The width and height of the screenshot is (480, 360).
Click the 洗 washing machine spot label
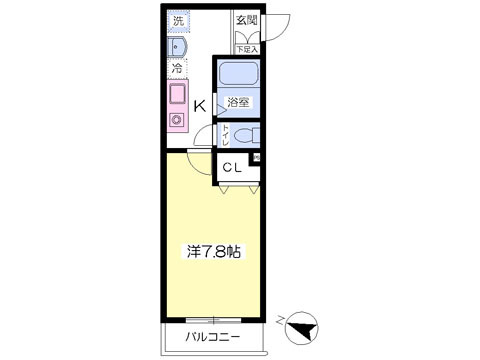177,20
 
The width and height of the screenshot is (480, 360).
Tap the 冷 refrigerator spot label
177,69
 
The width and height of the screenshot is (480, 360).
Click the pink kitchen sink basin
178,95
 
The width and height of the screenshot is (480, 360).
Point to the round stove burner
178,121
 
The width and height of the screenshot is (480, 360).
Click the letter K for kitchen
200,105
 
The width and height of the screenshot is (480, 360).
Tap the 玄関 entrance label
246,20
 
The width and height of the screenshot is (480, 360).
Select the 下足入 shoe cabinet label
246,47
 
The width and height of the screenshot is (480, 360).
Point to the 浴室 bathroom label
238,103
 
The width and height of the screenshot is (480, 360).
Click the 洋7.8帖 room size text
211,252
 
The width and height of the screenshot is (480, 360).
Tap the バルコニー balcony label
211,337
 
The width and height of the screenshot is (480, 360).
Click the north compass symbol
303,326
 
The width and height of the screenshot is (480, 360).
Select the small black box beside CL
256,158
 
